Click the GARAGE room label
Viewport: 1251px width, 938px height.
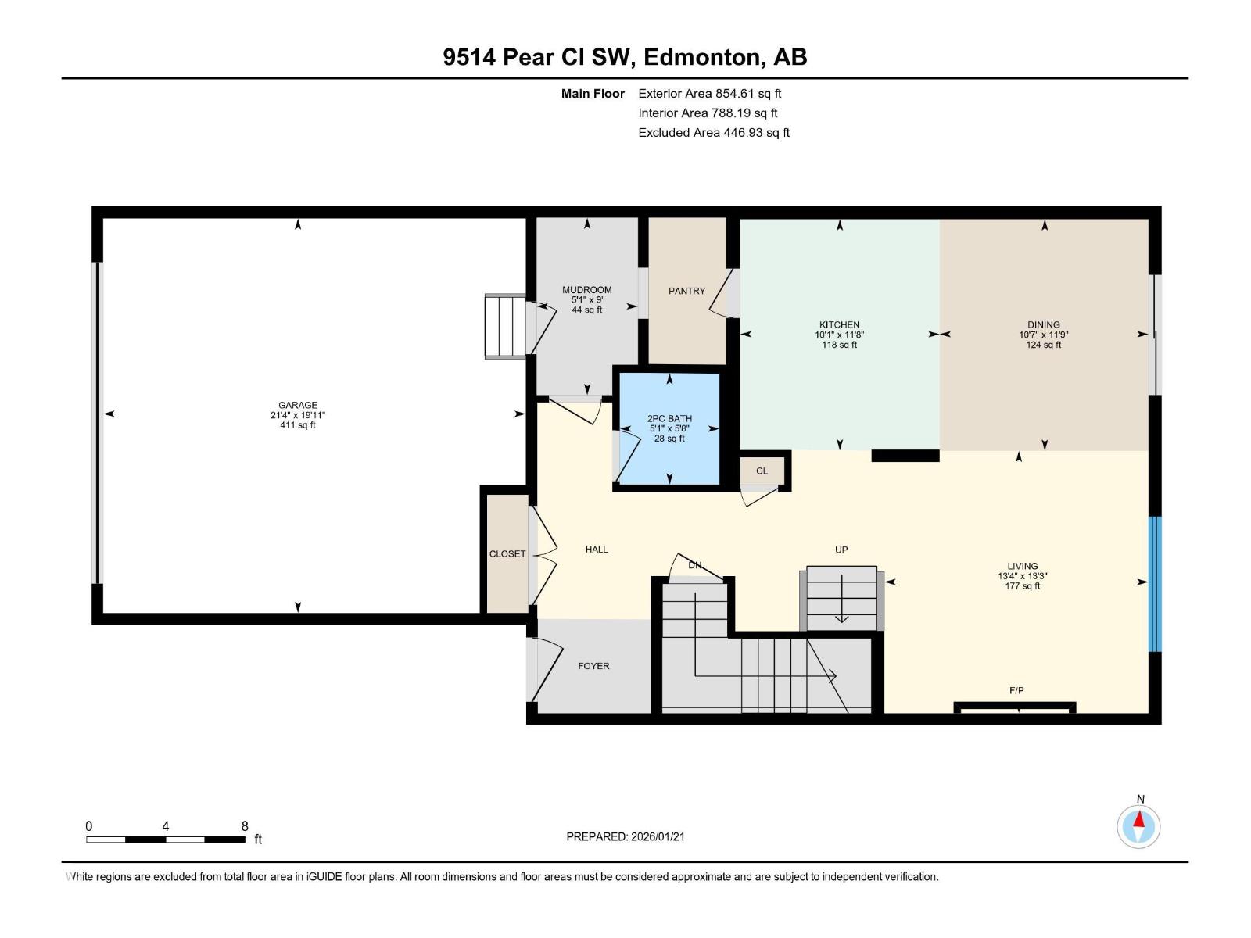(x=298, y=405)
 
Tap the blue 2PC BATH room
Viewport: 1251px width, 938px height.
(x=669, y=428)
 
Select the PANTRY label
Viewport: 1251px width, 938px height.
(x=686, y=291)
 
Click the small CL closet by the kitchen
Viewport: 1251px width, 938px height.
(x=762, y=471)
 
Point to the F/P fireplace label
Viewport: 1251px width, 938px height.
(x=1016, y=690)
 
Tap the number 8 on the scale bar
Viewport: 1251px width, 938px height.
(x=245, y=826)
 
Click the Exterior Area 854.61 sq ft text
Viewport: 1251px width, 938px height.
(x=710, y=93)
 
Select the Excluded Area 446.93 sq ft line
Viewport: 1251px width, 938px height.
(x=714, y=132)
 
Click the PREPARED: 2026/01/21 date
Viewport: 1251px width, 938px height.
(x=625, y=836)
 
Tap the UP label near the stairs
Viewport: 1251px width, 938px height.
(x=841, y=550)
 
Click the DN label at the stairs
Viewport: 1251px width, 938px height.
(x=694, y=565)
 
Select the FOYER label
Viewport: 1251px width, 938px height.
(x=593, y=666)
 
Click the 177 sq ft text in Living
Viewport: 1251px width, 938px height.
(x=1023, y=586)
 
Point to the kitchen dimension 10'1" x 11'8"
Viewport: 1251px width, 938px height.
(x=839, y=335)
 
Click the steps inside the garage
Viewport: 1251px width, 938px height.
(x=505, y=326)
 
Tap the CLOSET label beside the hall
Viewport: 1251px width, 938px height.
(x=507, y=553)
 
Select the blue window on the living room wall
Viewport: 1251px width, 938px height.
(x=1155, y=583)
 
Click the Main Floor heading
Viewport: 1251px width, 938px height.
(x=593, y=94)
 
